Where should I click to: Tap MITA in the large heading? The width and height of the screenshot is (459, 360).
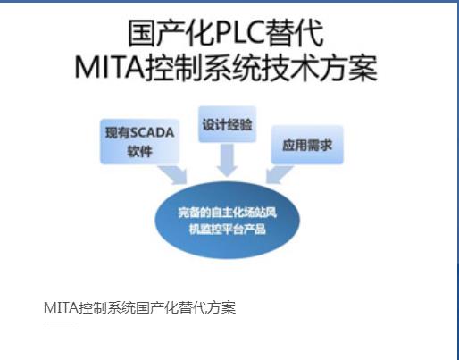tap(109, 67)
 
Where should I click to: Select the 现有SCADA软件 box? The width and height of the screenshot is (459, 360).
tap(140, 141)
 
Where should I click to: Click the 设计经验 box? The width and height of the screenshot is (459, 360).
tap(227, 124)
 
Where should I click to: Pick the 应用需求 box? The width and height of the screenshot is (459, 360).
tap(307, 145)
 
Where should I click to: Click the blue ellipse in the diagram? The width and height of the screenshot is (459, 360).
tap(227, 220)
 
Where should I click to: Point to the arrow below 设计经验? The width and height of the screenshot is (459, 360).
tap(227, 160)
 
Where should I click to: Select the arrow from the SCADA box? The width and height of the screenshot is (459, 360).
tap(174, 175)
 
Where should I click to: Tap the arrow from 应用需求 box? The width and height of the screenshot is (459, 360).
tap(279, 175)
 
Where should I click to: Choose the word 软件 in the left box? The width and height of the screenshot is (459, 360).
tap(139, 152)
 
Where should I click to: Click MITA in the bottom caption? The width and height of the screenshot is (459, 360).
tap(61, 307)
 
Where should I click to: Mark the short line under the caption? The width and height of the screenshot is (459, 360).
tap(59, 322)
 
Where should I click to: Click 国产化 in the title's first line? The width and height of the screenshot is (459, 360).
tap(171, 33)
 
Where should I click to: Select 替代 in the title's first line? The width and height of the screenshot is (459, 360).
tap(293, 33)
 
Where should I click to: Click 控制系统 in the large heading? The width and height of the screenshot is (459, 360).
tap(203, 68)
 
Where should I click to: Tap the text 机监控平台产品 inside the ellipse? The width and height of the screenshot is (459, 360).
tap(227, 229)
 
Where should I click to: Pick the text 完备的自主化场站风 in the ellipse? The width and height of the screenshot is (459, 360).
tap(227, 213)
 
